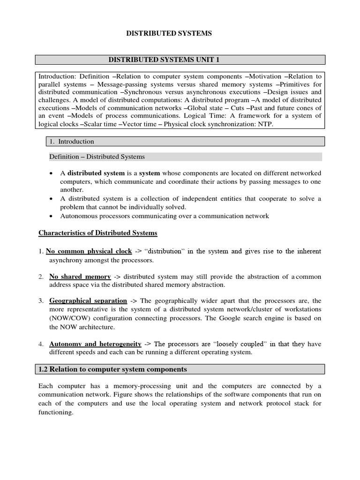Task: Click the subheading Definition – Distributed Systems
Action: point(97,157)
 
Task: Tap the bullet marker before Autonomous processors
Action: point(51,216)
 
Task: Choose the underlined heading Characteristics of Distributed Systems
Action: point(97,233)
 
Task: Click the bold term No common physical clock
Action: point(89,251)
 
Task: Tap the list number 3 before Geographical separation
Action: point(41,300)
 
